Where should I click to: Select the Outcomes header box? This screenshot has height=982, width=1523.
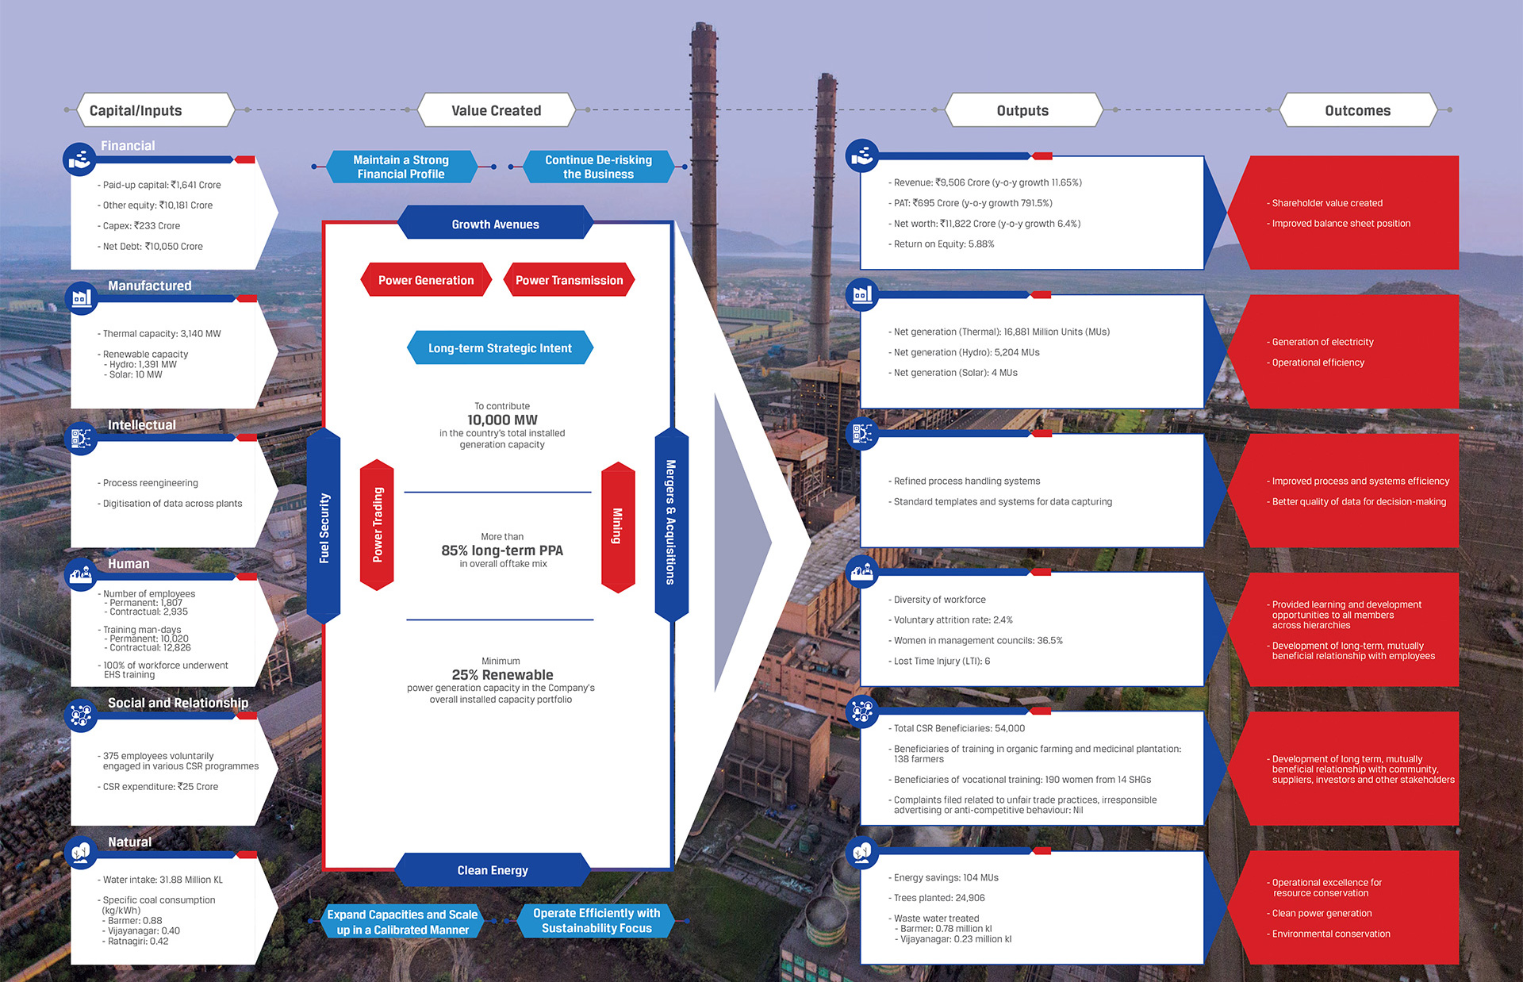tap(1357, 110)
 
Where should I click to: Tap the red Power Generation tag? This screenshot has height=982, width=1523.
tap(426, 280)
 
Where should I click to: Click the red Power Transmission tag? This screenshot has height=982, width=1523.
tap(569, 280)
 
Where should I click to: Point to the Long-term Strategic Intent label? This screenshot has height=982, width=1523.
tap(500, 348)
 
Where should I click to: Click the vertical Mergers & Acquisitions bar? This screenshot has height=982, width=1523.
tap(671, 524)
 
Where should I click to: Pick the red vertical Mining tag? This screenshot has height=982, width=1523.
tap(618, 527)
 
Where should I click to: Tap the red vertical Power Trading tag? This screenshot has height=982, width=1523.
tap(377, 525)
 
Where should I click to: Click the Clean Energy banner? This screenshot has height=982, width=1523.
tap(493, 870)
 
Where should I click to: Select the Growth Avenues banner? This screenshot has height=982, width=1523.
tap(495, 224)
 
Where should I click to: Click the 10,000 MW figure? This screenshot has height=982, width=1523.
tap(502, 420)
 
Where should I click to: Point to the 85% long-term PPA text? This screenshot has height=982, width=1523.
tap(502, 550)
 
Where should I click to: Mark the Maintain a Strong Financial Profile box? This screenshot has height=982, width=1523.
tap(401, 167)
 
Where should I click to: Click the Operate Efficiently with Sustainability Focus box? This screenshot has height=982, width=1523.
tap(597, 921)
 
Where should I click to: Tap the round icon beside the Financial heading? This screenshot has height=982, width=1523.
tap(79, 159)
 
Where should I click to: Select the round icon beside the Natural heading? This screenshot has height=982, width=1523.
tap(79, 853)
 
